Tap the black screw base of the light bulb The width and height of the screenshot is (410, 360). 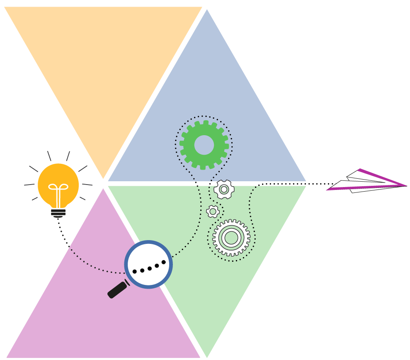(x=58, y=212)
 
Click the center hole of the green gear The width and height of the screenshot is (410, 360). (x=204, y=145)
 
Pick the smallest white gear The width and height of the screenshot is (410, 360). (x=213, y=212)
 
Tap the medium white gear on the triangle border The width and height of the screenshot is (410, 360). (x=224, y=190)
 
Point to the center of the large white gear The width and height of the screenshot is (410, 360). (x=231, y=238)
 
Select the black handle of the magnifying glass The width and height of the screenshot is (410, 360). (x=117, y=290)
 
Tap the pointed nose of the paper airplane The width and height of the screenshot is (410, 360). (x=405, y=185)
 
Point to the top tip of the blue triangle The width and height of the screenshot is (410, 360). (x=207, y=11)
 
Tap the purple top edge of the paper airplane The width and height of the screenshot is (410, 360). (x=381, y=177)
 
